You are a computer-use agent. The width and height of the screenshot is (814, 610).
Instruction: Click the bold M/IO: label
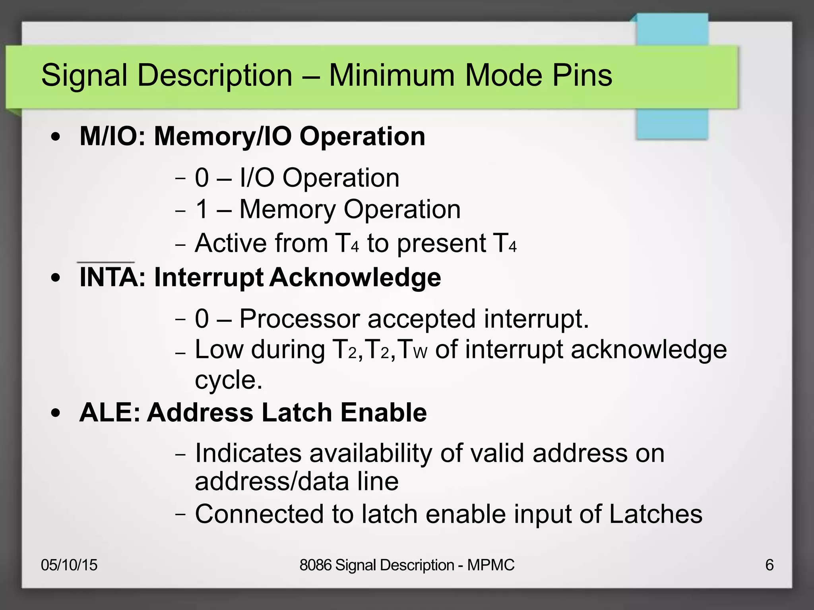(x=113, y=136)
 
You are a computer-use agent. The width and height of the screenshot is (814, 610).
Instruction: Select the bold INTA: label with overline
(x=113, y=277)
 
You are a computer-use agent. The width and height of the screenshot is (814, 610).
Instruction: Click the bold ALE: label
(x=110, y=412)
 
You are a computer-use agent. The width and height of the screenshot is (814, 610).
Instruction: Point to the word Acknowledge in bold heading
(x=355, y=277)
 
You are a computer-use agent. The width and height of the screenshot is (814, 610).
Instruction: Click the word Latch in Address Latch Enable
(x=297, y=412)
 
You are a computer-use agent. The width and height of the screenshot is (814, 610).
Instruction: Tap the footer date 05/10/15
(x=69, y=565)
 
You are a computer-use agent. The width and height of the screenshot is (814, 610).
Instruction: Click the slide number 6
(x=769, y=565)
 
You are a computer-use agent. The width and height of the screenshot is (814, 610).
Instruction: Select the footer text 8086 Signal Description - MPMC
(x=407, y=565)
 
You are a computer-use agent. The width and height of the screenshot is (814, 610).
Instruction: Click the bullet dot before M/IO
(x=56, y=137)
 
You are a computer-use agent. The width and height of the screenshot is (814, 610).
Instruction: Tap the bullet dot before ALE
(x=56, y=413)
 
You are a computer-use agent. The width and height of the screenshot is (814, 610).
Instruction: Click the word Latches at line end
(x=655, y=514)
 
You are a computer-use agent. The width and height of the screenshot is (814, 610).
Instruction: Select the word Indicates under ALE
(x=248, y=453)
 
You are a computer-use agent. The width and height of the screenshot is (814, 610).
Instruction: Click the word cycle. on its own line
(x=229, y=380)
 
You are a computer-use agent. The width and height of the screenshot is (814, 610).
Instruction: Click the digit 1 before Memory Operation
(x=202, y=209)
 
